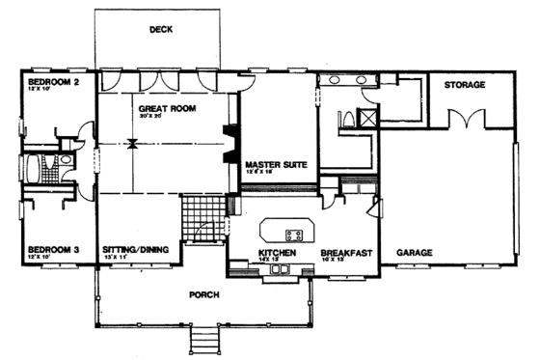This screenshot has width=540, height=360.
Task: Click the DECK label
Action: tap(160, 29)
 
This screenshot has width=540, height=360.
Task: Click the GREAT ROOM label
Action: tap(167, 109)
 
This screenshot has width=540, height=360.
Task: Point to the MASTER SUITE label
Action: tap(275, 165)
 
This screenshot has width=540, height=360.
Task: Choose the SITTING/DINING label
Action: tap(136, 250)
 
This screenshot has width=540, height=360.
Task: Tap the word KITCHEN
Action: tap(276, 252)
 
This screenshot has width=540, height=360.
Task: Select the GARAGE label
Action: tap(414, 252)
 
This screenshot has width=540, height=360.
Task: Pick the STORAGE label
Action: tap(464, 86)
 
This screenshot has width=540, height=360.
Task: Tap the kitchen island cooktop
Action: tap(295, 234)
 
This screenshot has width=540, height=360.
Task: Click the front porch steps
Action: tap(205, 340)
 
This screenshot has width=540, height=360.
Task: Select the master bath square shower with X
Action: tap(366, 119)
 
